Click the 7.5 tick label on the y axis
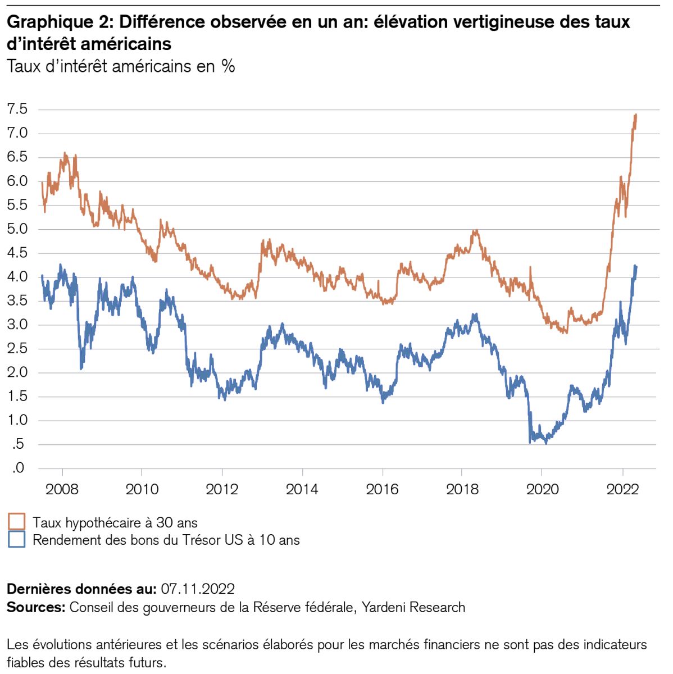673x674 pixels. click(17, 109)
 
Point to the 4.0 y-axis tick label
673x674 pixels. click(17, 276)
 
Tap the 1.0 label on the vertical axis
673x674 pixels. click(17, 420)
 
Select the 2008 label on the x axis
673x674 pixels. click(62, 489)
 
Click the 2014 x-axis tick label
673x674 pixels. click(302, 489)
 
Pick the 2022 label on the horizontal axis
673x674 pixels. click(622, 489)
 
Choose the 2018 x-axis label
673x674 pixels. click(462, 489)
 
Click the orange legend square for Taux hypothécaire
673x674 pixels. click(17, 522)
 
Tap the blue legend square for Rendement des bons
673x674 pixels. click(17, 540)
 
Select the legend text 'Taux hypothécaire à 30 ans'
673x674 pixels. click(115, 523)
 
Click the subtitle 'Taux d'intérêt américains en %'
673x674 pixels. click(121, 66)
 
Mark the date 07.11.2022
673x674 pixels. click(197, 589)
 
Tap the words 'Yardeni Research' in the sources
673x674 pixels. click(413, 607)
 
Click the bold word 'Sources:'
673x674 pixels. click(37, 607)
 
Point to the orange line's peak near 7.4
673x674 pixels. click(635, 115)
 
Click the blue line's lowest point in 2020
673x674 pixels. click(545, 443)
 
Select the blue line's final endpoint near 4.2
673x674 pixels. click(636, 267)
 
